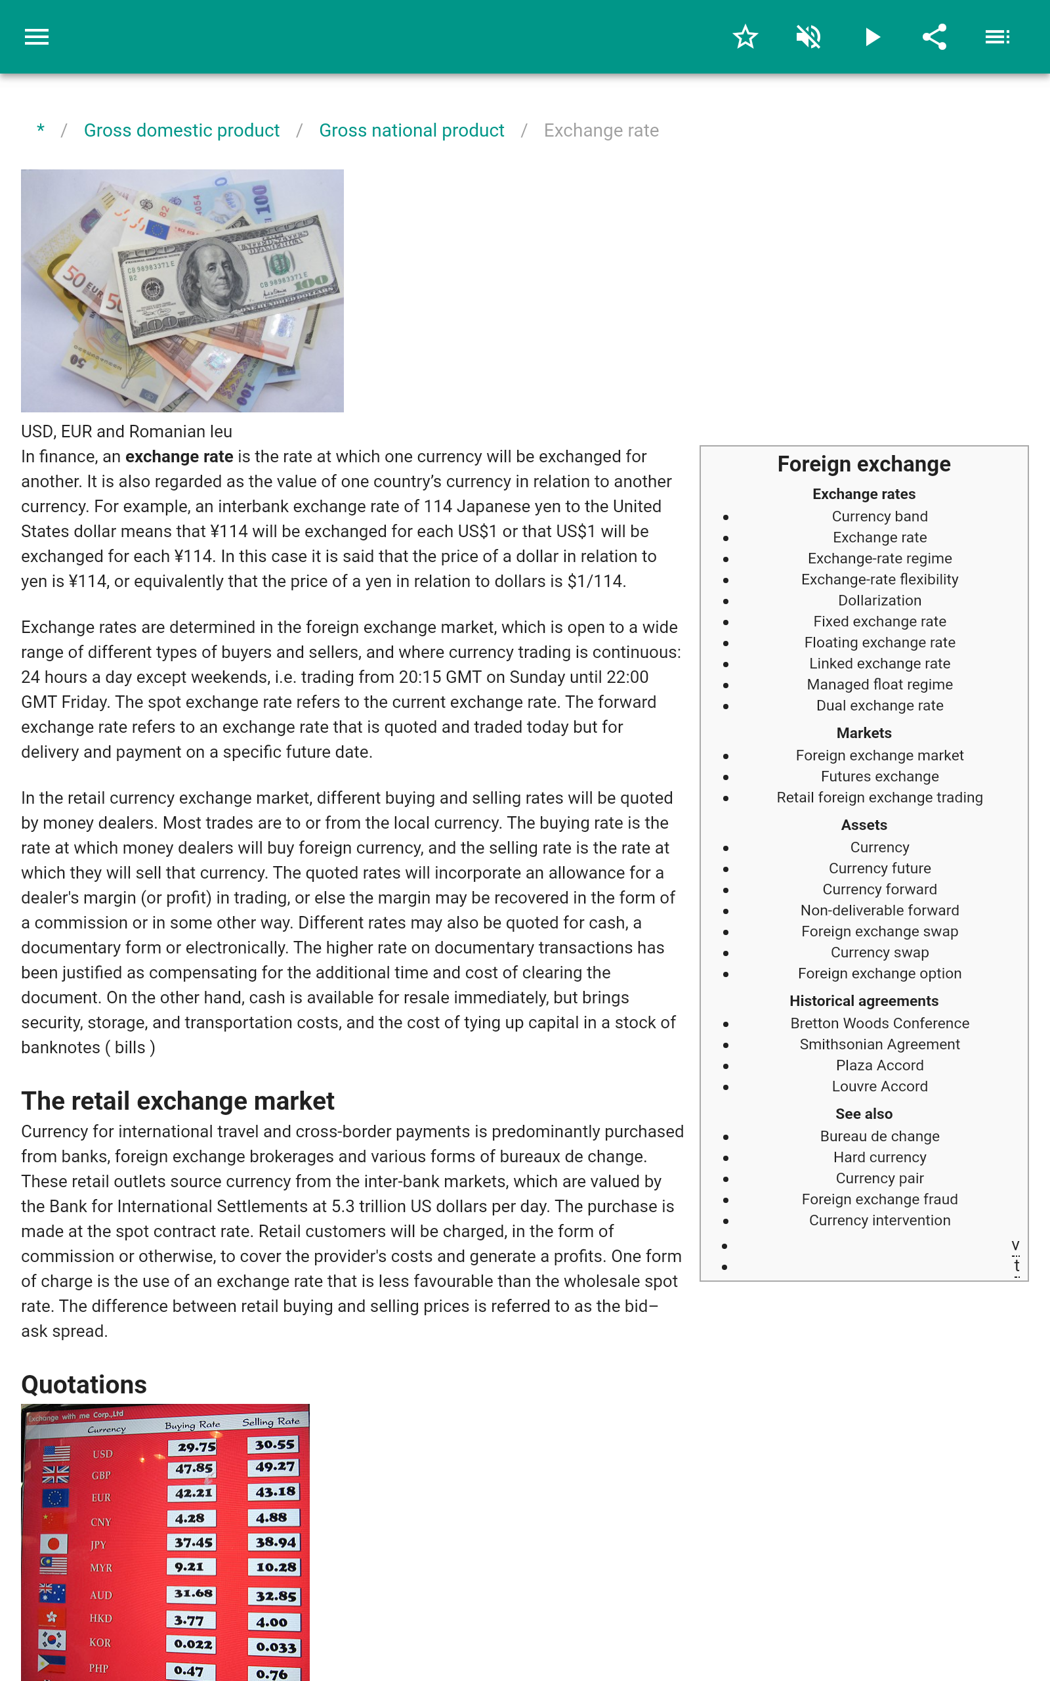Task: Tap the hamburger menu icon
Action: point(37,37)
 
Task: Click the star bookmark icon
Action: point(745,37)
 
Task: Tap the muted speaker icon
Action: point(808,37)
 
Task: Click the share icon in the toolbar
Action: point(934,37)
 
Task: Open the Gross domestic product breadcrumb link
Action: point(181,131)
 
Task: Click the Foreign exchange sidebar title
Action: point(863,464)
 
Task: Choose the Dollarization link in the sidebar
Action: point(879,600)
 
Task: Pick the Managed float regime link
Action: point(879,684)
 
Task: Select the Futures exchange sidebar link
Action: point(879,776)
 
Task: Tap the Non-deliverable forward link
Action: point(879,910)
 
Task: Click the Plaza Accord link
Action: point(879,1065)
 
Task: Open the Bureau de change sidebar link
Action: point(879,1136)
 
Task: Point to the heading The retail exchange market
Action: point(178,1101)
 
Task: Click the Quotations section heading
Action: point(84,1384)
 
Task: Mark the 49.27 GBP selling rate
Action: point(274,1467)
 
